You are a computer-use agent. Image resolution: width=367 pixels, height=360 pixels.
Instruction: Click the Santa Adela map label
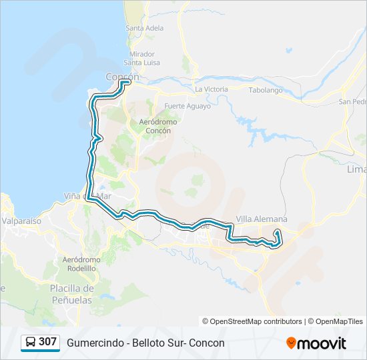point(144,28)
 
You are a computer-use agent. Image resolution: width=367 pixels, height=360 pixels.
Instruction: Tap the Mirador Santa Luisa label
point(142,58)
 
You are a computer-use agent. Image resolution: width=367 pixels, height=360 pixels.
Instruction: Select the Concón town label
point(122,77)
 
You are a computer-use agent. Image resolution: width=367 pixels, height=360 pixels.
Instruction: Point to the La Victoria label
point(212,89)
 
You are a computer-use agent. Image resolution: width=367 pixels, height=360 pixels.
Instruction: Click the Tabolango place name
point(266,90)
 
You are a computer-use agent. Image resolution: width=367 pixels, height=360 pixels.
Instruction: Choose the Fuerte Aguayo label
point(188,106)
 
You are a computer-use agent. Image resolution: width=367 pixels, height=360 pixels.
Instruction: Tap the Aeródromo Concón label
point(155,127)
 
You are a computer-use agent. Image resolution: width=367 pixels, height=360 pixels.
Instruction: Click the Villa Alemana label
point(262,219)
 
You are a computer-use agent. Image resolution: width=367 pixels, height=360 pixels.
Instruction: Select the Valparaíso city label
point(21,220)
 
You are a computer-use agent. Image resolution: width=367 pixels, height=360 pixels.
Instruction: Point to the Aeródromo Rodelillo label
point(81,263)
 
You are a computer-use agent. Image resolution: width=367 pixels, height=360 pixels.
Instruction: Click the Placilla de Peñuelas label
point(71,294)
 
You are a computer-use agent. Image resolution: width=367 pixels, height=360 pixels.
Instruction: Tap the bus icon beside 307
point(30,343)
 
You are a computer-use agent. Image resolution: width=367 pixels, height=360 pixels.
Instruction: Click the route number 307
point(47,342)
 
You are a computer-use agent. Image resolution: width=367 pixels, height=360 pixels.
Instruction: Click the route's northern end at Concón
point(127,83)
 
